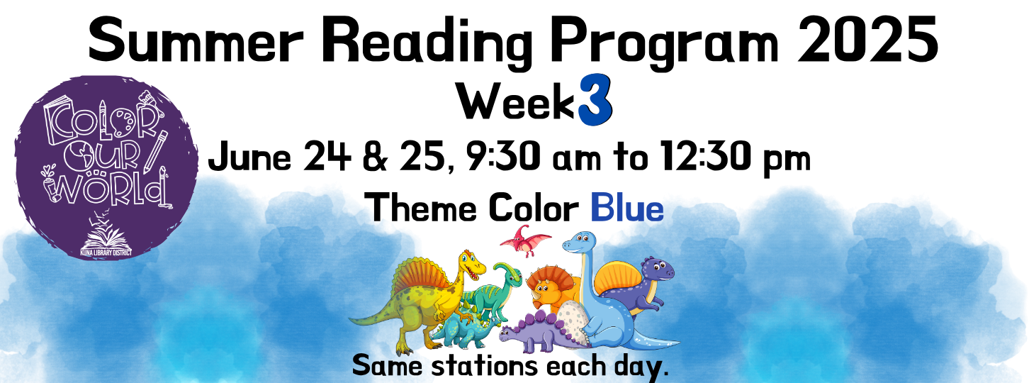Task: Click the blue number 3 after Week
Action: (x=595, y=100)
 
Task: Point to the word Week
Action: (x=516, y=102)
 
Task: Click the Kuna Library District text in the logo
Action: (x=106, y=253)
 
